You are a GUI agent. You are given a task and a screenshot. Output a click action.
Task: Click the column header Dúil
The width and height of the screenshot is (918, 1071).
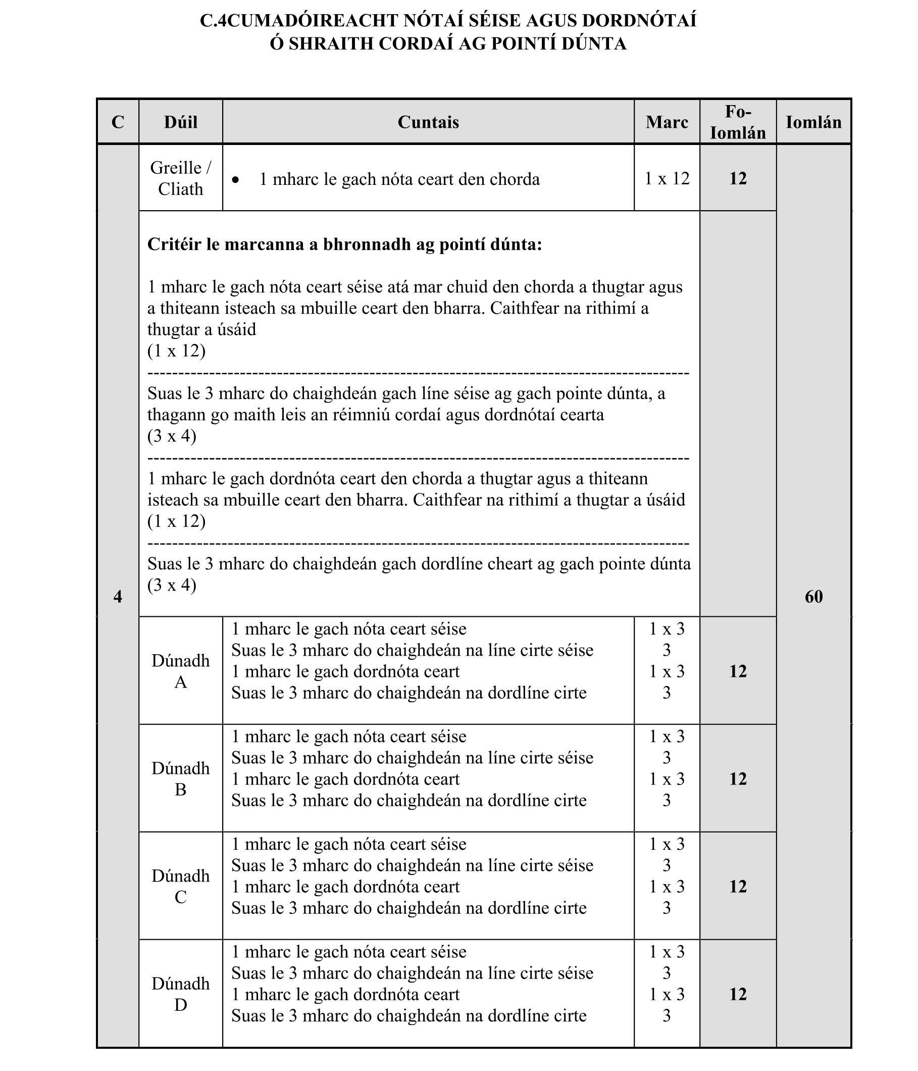[x=180, y=122]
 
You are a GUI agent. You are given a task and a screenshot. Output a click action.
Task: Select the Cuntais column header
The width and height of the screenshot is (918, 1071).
[x=428, y=122]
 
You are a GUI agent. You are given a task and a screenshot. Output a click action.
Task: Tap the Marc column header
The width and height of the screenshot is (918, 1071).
[x=667, y=122]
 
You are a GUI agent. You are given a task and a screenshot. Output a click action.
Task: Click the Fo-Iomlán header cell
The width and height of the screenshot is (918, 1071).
[x=737, y=122]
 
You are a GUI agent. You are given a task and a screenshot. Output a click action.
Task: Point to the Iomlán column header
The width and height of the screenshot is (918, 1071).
[x=813, y=122]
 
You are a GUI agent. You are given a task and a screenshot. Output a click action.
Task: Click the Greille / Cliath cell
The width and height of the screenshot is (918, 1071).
[x=180, y=178]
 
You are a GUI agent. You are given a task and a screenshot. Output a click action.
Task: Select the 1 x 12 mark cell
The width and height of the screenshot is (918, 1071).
[x=667, y=178]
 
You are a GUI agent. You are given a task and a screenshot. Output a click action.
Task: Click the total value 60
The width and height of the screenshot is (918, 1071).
[x=813, y=597]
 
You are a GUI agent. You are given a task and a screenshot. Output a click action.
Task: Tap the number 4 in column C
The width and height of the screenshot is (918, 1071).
[x=118, y=597]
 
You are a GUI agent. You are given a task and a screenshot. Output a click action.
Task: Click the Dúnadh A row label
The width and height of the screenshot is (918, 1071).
[x=180, y=671]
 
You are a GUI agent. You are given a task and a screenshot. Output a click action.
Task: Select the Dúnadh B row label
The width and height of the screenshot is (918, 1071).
[x=180, y=778]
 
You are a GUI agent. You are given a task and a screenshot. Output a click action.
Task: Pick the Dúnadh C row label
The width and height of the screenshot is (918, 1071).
[x=180, y=886]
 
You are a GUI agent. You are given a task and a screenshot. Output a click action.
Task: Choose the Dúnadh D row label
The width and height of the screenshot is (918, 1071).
[x=180, y=994]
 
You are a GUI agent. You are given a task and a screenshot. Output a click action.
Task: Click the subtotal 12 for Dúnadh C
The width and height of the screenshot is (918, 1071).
[x=737, y=886]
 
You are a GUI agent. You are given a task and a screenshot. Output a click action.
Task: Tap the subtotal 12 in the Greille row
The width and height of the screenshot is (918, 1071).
[x=737, y=178]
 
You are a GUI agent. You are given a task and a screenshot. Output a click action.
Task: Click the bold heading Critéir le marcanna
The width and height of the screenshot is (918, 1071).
[x=344, y=244]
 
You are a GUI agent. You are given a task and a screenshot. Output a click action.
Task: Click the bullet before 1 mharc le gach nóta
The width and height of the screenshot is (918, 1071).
[x=236, y=180]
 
